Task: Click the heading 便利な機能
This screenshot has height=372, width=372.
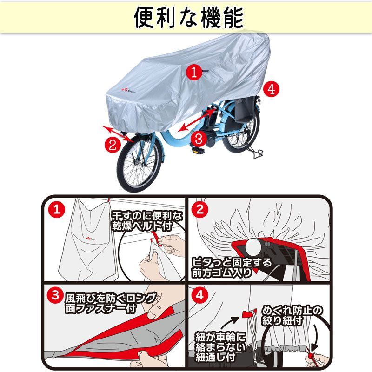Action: click(189, 17)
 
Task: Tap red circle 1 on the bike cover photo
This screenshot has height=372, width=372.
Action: click(194, 72)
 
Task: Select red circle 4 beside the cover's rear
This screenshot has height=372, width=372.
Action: click(271, 89)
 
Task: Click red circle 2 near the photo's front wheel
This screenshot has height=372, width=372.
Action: click(113, 144)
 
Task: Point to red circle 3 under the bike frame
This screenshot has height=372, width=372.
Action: click(199, 138)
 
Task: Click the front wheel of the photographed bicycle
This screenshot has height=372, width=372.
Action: click(140, 163)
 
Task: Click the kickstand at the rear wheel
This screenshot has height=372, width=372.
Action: click(254, 153)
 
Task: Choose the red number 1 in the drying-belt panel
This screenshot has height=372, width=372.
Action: click(56, 209)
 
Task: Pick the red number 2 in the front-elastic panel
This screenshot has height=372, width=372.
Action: click(200, 209)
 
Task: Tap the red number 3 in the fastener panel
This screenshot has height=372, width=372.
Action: click(55, 295)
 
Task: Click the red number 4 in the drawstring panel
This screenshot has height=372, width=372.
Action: click(200, 295)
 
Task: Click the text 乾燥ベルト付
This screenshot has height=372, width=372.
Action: click(142, 226)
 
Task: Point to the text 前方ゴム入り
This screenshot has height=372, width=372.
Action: click(221, 272)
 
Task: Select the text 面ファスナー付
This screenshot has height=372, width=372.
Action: click(101, 308)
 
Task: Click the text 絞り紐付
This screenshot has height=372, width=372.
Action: click(282, 320)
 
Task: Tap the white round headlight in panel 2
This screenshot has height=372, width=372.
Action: click(253, 247)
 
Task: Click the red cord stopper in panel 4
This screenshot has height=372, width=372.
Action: click(311, 356)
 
